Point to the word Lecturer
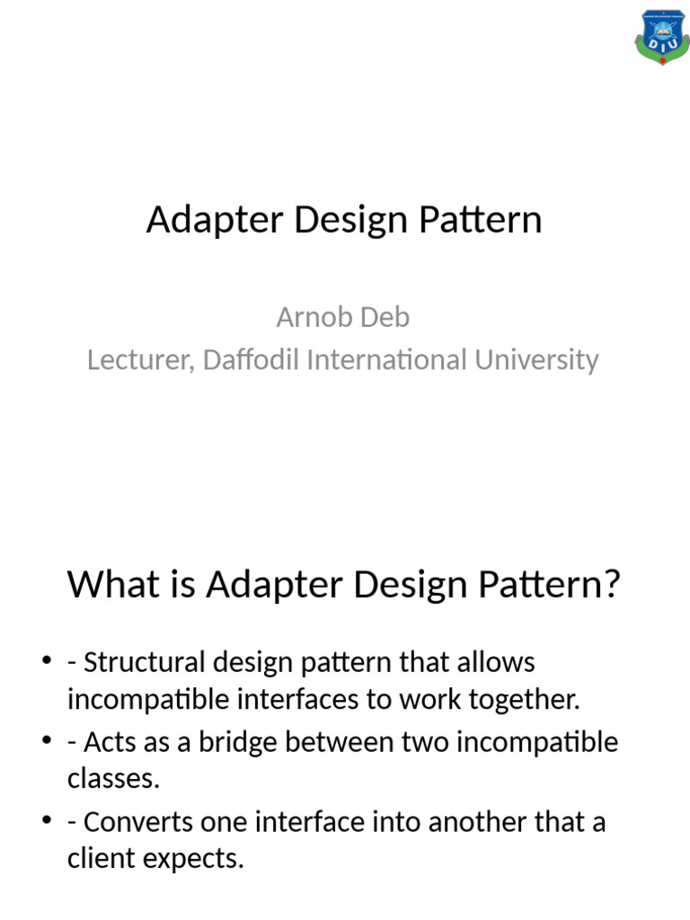pos(139,360)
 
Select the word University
pos(536,360)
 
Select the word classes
pos(113,779)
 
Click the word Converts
pos(135,823)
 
